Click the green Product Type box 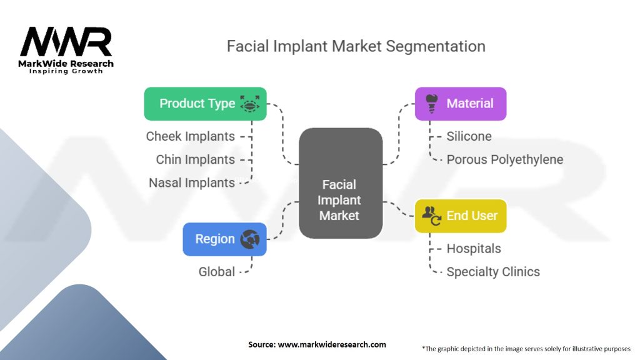click(205, 104)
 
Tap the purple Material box click(461, 104)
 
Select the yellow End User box click(461, 216)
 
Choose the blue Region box click(224, 239)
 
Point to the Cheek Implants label click(191, 136)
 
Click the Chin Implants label click(196, 159)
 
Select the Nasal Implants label click(192, 182)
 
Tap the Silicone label click(469, 136)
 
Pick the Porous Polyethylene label click(504, 159)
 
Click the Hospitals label click(473, 249)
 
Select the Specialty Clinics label click(492, 272)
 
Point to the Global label click(217, 272)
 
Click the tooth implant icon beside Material click(431, 102)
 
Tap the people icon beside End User click(431, 215)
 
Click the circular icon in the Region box click(250, 239)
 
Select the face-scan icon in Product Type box click(250, 104)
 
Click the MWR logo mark click(66, 42)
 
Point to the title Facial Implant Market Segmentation click(356, 46)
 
